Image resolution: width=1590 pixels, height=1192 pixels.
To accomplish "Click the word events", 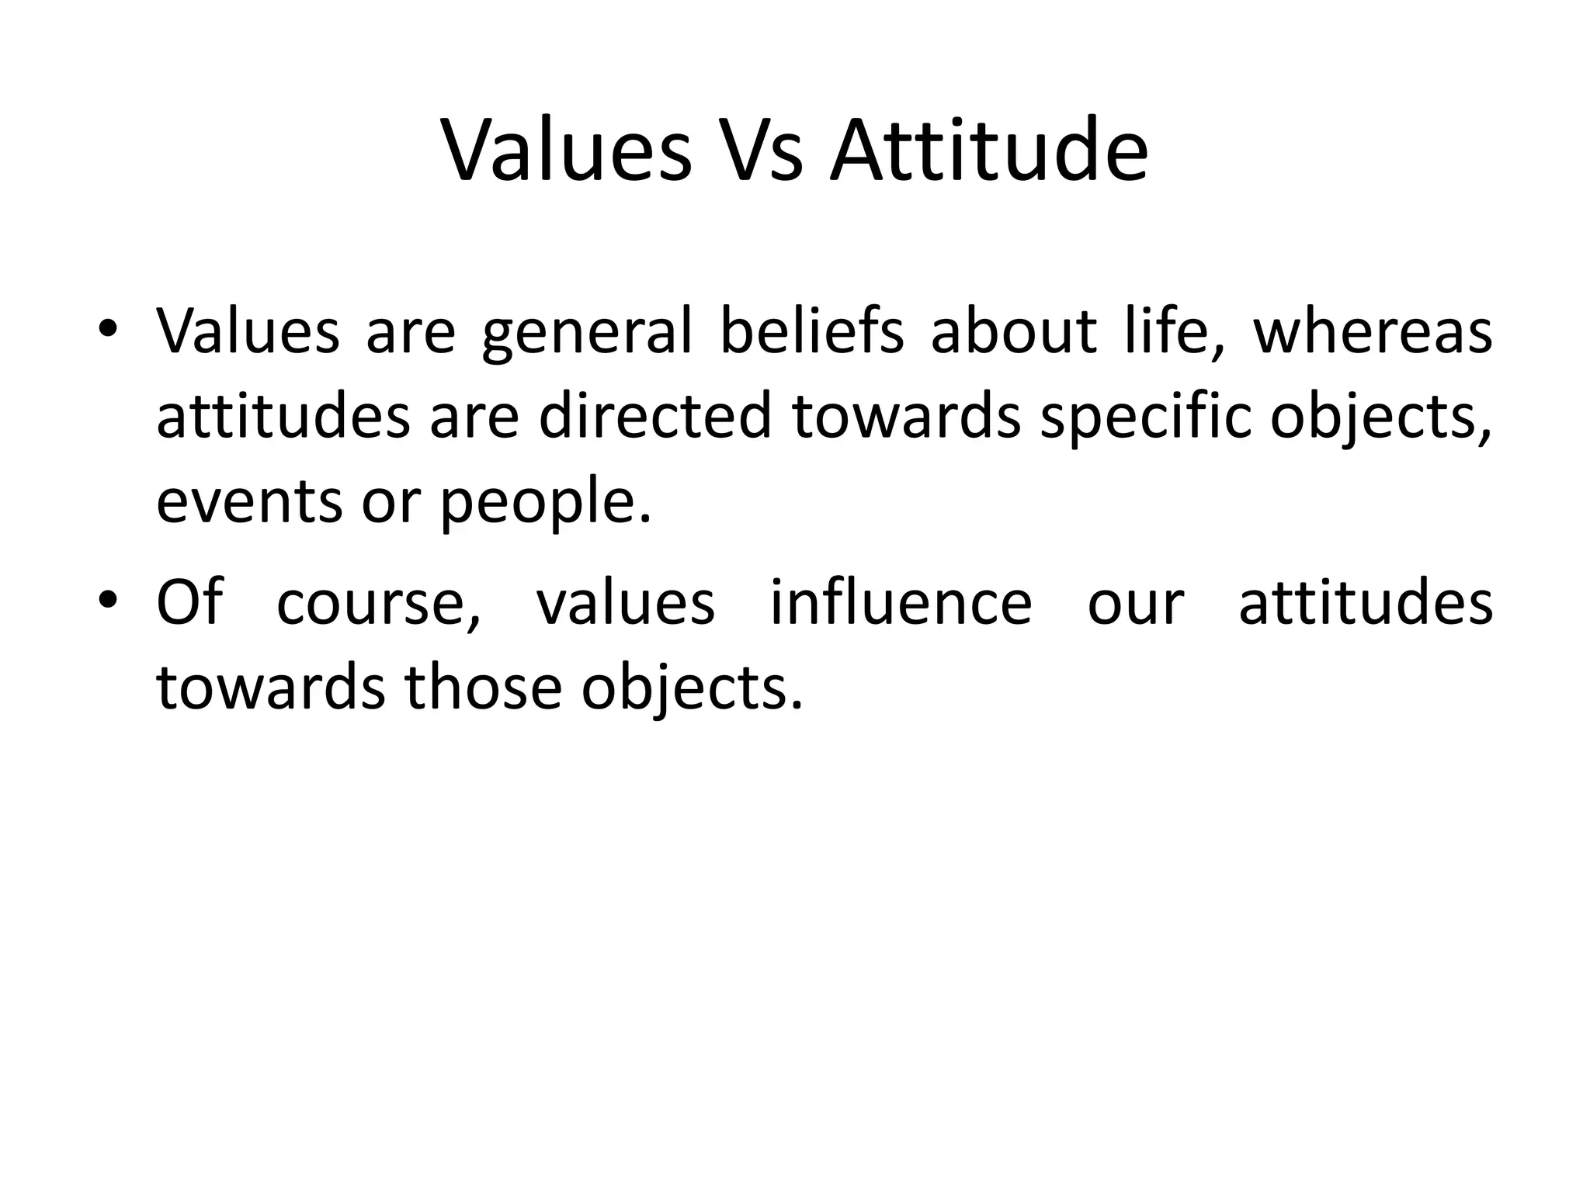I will [x=248, y=501].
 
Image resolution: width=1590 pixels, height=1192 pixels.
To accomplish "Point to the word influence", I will [x=901, y=603].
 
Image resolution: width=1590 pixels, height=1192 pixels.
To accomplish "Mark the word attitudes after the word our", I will [x=1365, y=603].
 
